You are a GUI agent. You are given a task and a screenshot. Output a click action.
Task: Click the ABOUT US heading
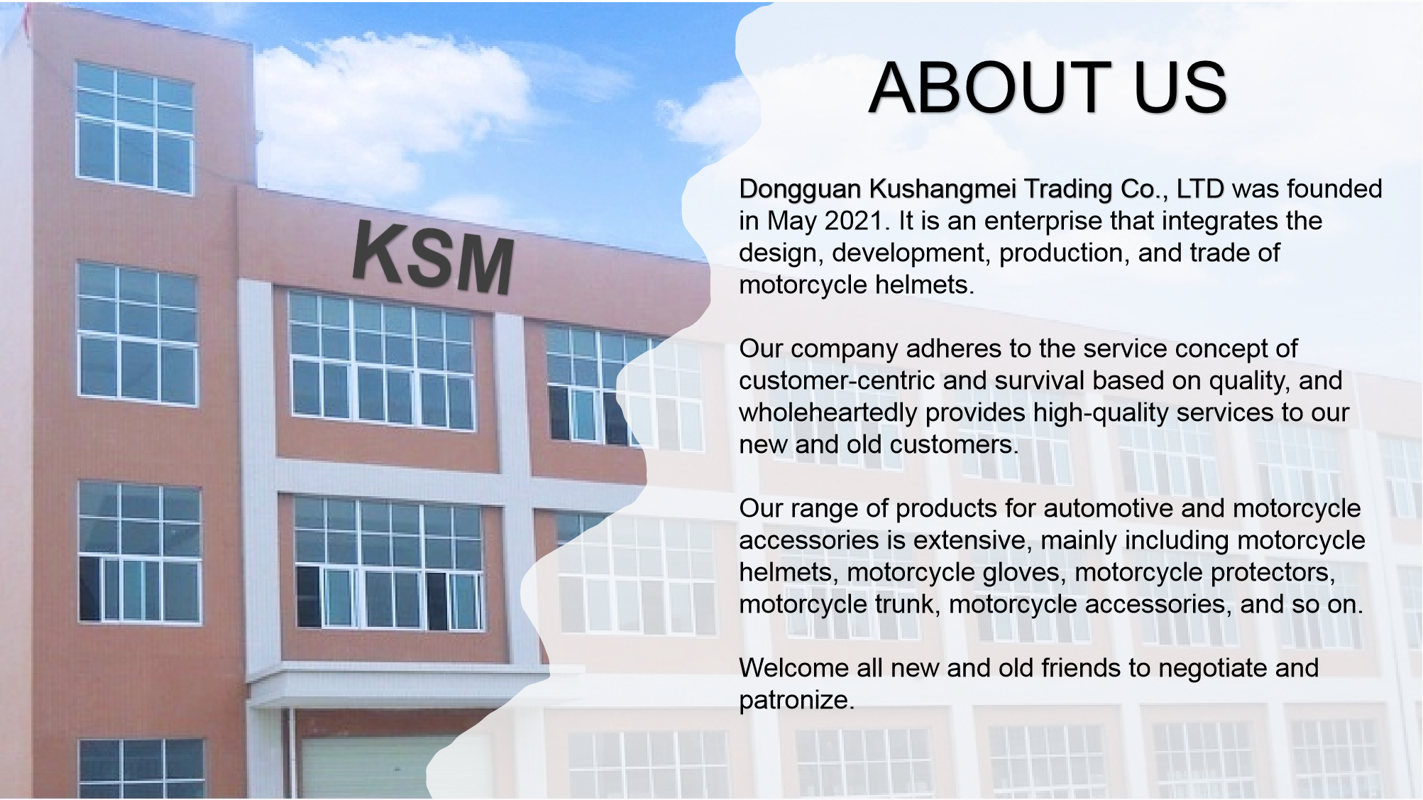(1048, 87)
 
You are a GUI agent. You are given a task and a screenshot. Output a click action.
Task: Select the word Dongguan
(800, 190)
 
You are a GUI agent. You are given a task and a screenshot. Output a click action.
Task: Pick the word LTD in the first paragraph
(1200, 189)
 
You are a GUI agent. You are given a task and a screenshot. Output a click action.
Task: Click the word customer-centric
(837, 380)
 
